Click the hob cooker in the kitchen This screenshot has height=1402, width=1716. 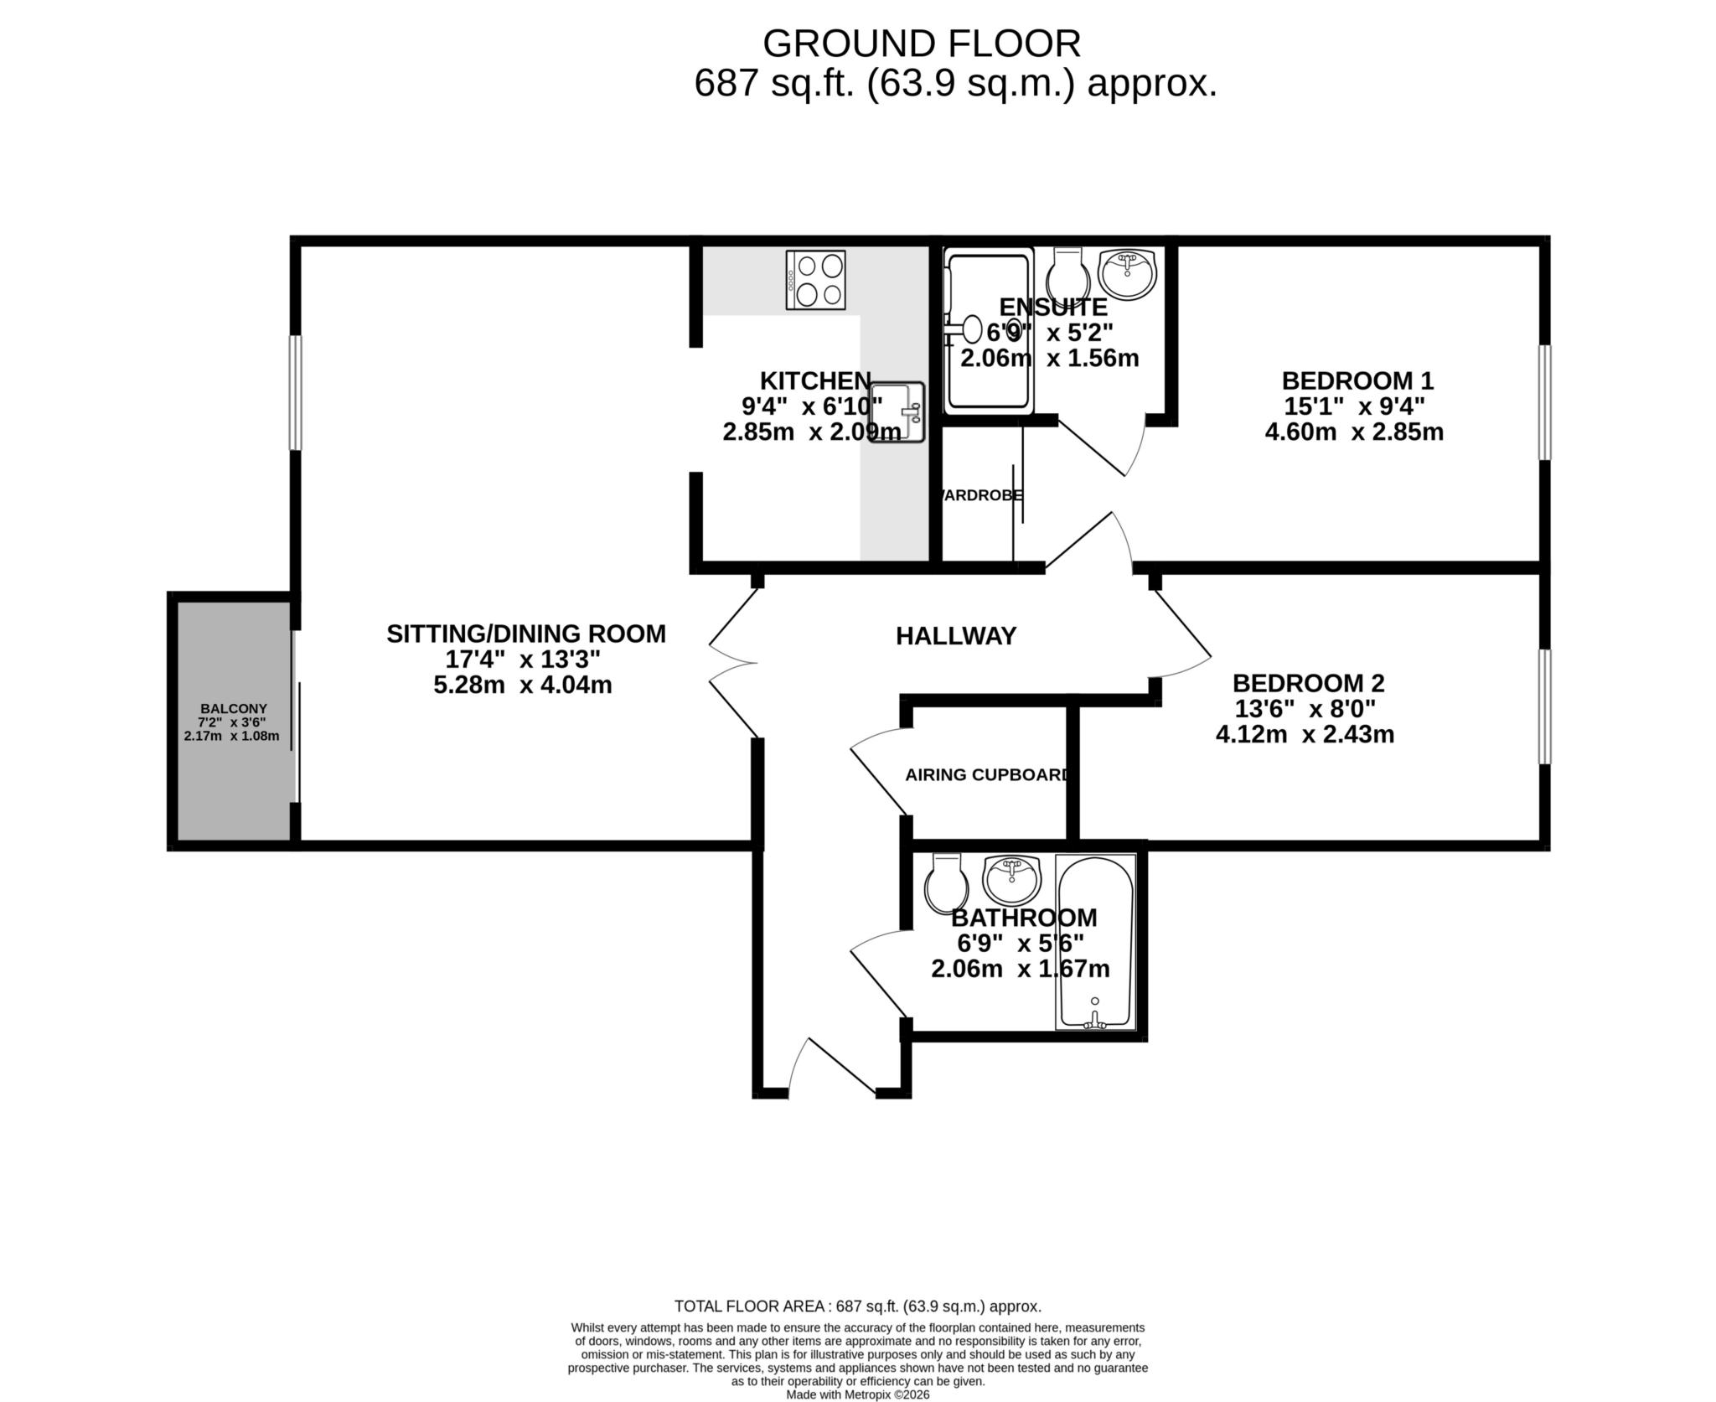pos(815,279)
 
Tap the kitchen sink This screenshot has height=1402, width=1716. pos(897,412)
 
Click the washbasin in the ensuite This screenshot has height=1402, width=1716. pos(1128,272)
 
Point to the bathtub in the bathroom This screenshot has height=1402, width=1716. pos(1094,941)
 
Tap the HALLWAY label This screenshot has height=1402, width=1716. pos(956,636)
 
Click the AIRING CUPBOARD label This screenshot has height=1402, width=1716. pos(986,775)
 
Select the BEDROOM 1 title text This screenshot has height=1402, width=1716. pos(1357,381)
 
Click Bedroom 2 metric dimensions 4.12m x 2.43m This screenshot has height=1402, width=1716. pos(1305,735)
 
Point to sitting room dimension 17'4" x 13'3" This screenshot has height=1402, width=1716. pos(522,660)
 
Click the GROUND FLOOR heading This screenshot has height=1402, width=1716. pos(922,44)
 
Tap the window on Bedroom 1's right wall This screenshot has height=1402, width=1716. pos(1544,402)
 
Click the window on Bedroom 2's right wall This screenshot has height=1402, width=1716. pos(1544,706)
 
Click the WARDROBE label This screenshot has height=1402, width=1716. pos(981,495)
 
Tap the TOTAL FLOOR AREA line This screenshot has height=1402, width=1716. pos(858,1306)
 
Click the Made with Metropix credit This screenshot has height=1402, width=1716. pos(858,1394)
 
